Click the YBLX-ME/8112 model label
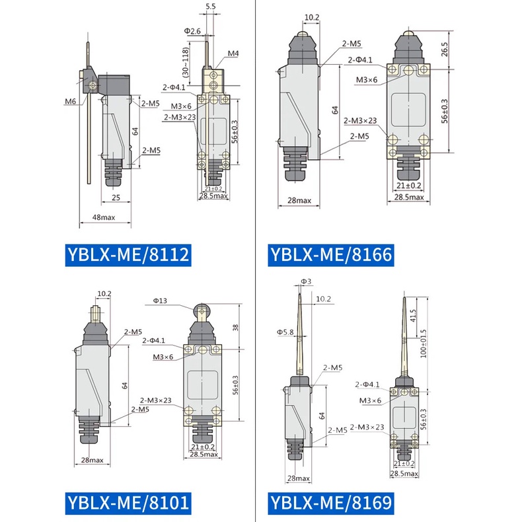coord(128,254)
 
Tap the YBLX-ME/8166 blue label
coord(331,254)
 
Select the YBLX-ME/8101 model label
coord(128,503)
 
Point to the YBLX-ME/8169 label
coord(331,503)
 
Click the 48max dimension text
coord(104,217)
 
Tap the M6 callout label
coord(70,102)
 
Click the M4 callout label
coord(233,54)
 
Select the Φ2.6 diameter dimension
coord(192,31)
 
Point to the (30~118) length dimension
coord(186,62)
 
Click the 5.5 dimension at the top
coord(211,7)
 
